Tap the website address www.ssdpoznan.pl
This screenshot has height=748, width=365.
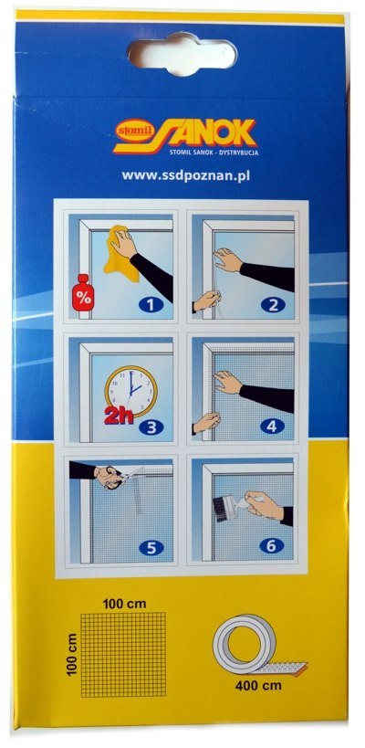point(186,175)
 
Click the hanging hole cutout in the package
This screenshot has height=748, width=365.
point(182,52)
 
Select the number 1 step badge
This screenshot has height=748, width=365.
point(151,304)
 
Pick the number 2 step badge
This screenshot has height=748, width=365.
point(273,304)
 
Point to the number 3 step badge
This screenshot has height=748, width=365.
point(151,427)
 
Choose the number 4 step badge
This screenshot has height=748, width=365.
point(272,426)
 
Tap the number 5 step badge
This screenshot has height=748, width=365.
point(151,548)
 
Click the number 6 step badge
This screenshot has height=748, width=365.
point(272,545)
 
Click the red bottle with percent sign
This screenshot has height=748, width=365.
point(83,292)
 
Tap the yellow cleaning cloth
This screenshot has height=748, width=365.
point(120,253)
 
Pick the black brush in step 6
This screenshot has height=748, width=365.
point(224,506)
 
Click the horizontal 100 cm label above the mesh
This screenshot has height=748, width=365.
point(125,604)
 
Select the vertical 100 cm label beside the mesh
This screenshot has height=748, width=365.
point(72,654)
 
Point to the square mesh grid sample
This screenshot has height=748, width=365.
point(123,655)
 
